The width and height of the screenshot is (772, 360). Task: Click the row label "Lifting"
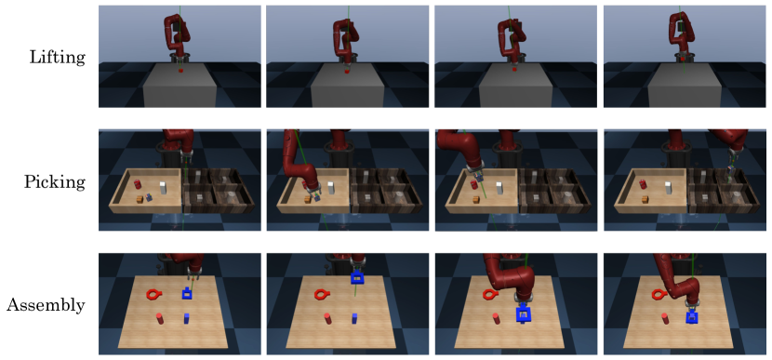[58, 58]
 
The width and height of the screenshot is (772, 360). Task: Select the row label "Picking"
[55, 182]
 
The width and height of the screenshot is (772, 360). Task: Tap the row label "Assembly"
[46, 305]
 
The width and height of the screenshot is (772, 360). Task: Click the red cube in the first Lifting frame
[180, 72]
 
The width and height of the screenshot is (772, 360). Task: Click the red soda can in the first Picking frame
[138, 184]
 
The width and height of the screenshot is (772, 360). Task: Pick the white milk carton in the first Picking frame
[163, 188]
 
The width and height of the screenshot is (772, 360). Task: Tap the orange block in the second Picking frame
[308, 199]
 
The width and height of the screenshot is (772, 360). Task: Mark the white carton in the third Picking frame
[499, 188]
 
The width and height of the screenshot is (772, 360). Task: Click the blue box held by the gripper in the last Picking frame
[731, 170]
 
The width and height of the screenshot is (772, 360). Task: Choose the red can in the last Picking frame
[643, 184]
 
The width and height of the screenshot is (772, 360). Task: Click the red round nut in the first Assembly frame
[153, 295]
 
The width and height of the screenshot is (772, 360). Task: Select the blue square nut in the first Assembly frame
[187, 294]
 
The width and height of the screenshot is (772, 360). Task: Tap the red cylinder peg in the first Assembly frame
[160, 318]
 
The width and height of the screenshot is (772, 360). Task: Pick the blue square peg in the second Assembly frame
[354, 318]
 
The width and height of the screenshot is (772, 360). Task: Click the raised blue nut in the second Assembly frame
[356, 278]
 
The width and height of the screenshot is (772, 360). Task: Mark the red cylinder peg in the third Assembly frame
[497, 319]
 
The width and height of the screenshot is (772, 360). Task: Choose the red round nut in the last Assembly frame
[658, 295]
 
